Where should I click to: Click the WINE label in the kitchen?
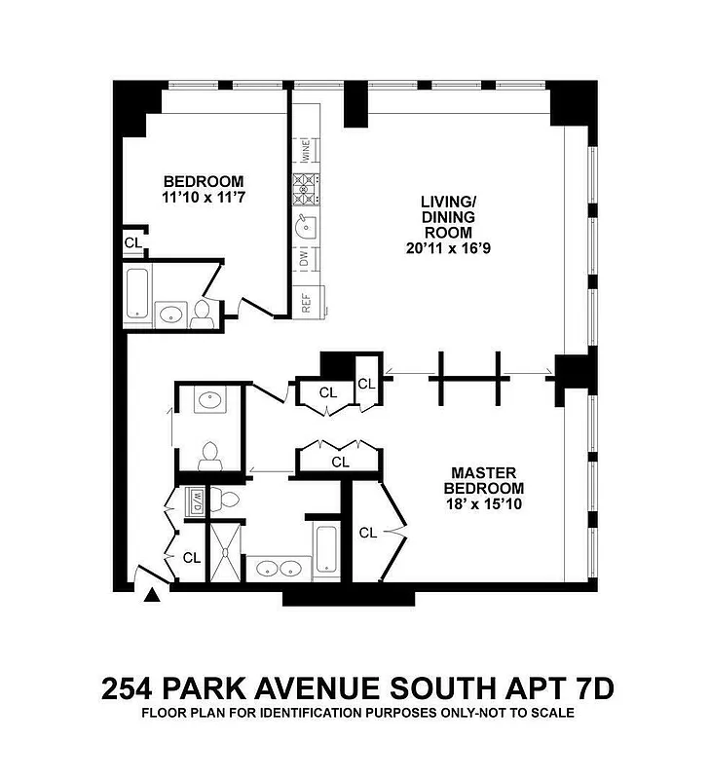[306, 151]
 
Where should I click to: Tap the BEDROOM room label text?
[203, 181]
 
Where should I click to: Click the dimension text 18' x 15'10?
[484, 503]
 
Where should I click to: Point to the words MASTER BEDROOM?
[484, 480]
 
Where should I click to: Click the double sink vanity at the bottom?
[279, 568]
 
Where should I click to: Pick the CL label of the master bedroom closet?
[368, 533]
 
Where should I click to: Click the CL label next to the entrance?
[192, 558]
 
